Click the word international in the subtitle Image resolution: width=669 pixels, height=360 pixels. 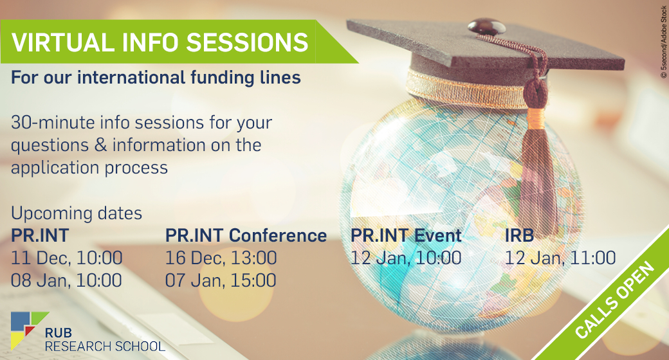131,78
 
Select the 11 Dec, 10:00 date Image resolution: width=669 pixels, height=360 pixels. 66,258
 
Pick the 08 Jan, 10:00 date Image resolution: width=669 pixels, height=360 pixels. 66,281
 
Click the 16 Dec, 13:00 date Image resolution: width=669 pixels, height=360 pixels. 221,258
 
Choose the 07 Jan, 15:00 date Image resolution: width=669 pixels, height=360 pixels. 221,281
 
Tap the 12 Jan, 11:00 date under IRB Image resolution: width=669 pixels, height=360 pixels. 561,258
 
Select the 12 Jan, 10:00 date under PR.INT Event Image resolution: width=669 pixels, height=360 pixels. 406,258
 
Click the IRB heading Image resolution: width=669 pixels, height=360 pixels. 520,235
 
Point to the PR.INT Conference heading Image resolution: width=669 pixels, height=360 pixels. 246,235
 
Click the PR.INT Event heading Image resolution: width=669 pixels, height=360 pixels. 406,235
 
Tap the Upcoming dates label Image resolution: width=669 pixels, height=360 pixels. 77,213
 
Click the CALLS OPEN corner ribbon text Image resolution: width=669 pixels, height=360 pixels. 615,300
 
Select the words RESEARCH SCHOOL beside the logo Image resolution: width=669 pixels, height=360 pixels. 105,346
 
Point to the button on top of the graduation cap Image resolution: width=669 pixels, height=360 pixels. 487,26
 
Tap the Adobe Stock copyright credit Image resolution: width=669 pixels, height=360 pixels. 663,42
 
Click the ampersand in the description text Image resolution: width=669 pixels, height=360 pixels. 101,145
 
